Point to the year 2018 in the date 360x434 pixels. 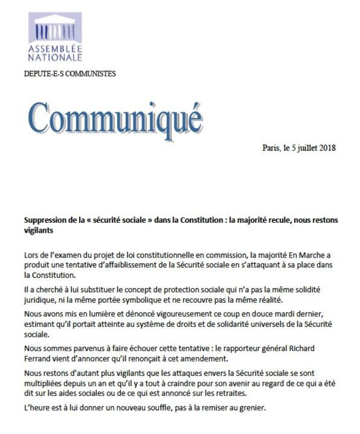[325, 148]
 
